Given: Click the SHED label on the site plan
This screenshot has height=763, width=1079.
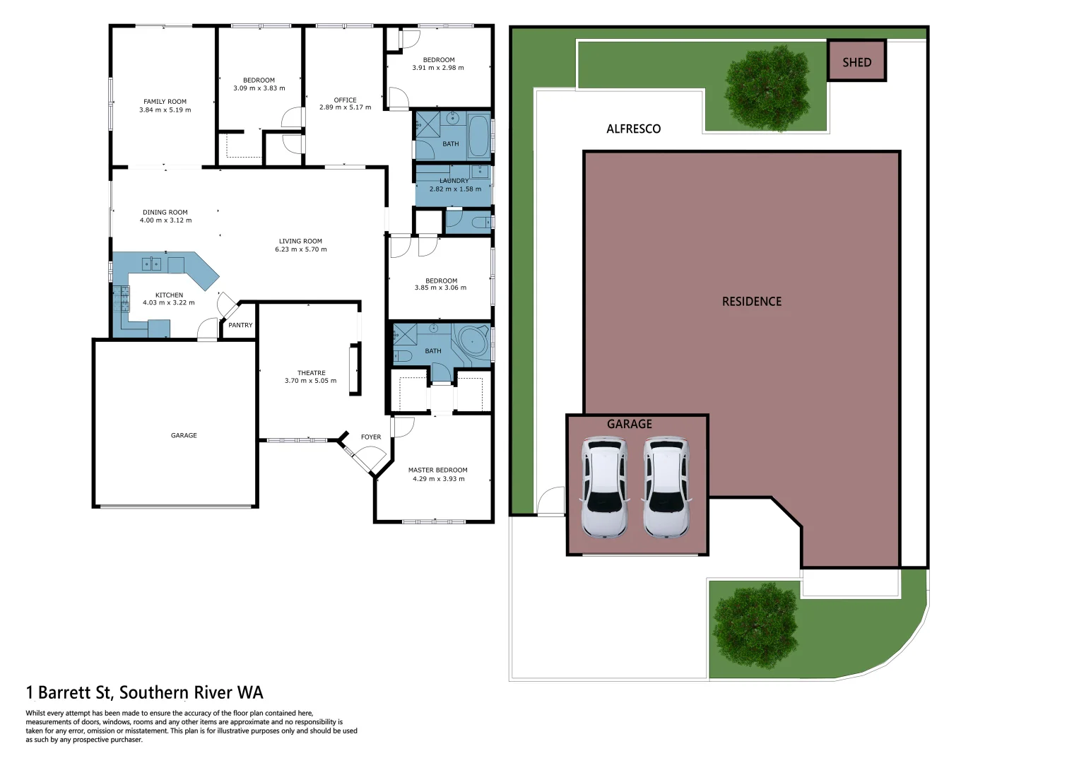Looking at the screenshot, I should click(856, 62).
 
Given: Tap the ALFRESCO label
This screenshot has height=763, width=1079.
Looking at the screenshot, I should click(633, 129).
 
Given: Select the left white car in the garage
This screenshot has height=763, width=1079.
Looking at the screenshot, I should click(603, 487).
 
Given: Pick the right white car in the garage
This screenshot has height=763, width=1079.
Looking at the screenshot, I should click(666, 487).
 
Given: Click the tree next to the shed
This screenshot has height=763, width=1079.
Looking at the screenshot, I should click(767, 88).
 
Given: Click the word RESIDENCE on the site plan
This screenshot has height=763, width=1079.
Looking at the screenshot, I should click(751, 302).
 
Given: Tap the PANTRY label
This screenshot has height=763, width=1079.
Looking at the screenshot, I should click(240, 326).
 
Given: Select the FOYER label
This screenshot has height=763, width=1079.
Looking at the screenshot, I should click(371, 437).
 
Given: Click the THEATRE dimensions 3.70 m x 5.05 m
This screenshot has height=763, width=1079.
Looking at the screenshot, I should click(310, 381).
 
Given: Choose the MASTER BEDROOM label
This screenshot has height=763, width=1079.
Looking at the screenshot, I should click(437, 470).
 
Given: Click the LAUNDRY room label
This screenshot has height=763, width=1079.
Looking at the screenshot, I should click(454, 181).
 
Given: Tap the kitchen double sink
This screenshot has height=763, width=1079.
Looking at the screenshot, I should click(151, 264).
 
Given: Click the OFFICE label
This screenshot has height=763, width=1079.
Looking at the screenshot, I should click(345, 100).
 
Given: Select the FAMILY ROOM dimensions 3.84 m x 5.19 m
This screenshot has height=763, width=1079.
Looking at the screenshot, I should click(165, 110).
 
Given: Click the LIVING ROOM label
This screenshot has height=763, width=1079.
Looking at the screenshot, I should click(300, 241).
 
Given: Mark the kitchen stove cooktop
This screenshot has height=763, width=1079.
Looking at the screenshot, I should click(124, 299).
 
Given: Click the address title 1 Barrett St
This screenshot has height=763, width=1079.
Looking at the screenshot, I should click(144, 692).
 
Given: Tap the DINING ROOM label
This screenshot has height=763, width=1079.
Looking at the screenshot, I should click(165, 212).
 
